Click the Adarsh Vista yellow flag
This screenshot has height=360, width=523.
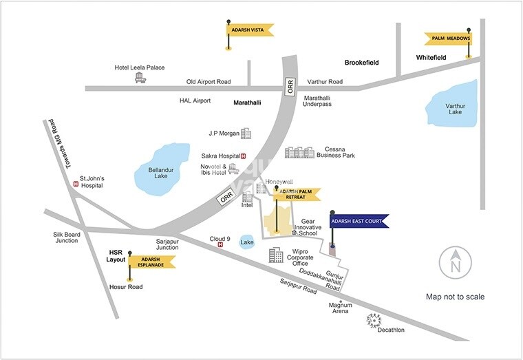click(x=250, y=29)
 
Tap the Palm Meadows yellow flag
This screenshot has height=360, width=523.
click(x=447, y=39)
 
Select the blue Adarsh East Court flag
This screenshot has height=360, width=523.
click(x=359, y=221)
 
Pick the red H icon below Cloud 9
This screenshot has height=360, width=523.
click(x=220, y=245)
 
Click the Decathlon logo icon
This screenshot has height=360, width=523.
click(x=374, y=320)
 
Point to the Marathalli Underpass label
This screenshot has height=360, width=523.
click(x=317, y=100)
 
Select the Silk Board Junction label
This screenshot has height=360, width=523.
click(x=67, y=237)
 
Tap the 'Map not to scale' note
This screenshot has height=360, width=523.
click(x=455, y=297)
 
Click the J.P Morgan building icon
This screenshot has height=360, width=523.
click(x=246, y=132)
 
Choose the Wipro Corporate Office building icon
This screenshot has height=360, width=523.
click(x=276, y=256)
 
